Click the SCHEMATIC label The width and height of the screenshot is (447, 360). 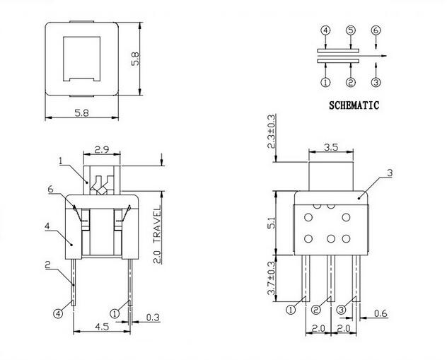coord(354,105)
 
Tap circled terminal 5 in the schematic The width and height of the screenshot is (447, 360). coord(351,30)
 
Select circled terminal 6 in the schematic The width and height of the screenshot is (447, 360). coord(376,30)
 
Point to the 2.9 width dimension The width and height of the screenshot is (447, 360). coord(102,149)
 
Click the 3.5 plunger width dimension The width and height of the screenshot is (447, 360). coord(331,147)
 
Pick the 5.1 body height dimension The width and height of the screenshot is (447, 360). coord(272,223)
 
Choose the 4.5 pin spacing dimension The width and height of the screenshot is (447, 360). coord(102,326)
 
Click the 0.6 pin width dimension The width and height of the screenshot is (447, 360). coord(381,313)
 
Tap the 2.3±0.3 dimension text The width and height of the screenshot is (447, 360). coord(272,132)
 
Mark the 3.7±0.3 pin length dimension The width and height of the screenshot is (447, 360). coord(272,278)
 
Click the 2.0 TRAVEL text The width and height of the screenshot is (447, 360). coord(157,235)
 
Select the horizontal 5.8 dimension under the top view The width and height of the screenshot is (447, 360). coord(82,113)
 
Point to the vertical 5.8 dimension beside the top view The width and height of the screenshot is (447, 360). coord(135,59)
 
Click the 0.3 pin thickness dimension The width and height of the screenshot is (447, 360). coord(153,318)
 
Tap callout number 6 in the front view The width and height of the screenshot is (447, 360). coord(51,189)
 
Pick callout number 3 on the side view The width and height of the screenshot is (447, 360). coord(390,173)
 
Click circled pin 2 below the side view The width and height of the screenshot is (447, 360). coord(315,310)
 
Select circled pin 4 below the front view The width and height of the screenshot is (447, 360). coord(58,314)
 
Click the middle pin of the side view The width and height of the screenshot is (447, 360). coord(331,279)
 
